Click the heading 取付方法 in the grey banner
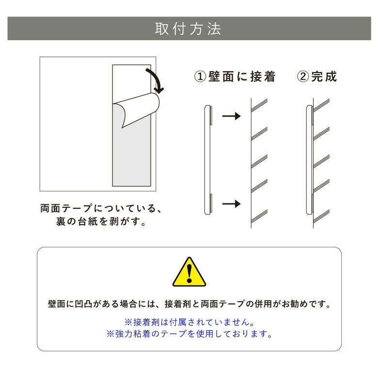click(x=189, y=29)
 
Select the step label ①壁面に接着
click(x=235, y=77)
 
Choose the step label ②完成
click(x=317, y=77)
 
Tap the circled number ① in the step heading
click(x=200, y=77)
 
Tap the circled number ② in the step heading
click(x=303, y=77)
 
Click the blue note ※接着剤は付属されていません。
click(x=189, y=322)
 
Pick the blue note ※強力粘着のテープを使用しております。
click(x=189, y=334)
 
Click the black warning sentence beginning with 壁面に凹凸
click(x=189, y=305)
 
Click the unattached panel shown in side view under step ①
click(x=207, y=160)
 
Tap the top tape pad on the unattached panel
click(x=211, y=117)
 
